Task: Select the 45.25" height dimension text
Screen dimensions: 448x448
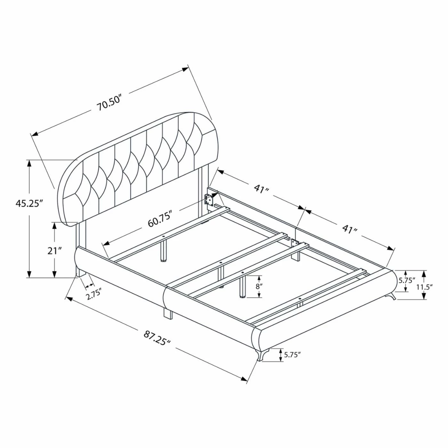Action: tap(29, 204)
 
